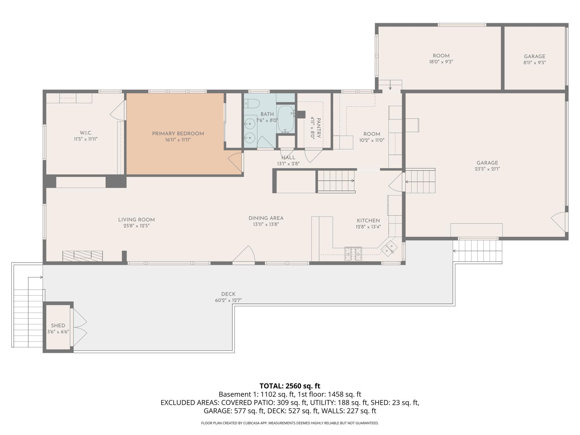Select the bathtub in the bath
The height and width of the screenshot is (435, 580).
point(286,119)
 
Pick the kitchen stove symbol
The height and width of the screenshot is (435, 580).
point(353,254)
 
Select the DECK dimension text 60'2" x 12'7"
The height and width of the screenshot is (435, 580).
point(228,300)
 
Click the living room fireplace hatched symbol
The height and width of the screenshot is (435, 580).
point(83,256)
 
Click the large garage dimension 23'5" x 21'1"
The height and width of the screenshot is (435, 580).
point(487,169)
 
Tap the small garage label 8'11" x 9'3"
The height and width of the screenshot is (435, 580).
point(535,62)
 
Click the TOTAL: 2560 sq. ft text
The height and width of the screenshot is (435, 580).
point(290,386)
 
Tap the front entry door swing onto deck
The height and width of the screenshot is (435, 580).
point(244,254)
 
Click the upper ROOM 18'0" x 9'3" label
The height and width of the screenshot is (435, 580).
point(441,59)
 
